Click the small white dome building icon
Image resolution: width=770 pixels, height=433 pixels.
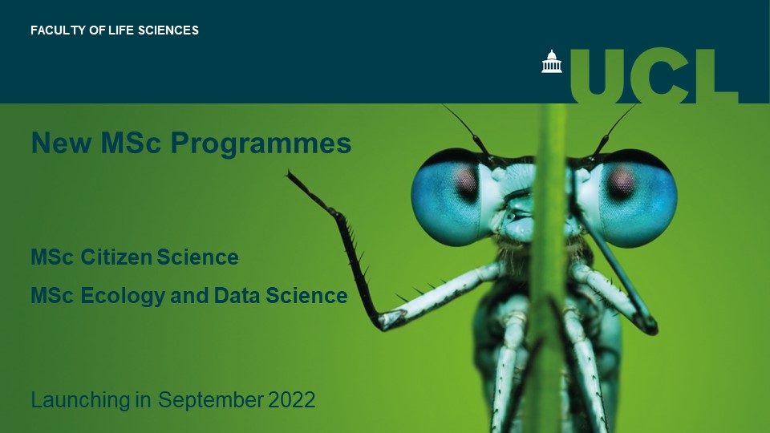pos(552,62)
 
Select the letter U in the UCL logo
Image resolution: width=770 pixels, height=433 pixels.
pos(602,74)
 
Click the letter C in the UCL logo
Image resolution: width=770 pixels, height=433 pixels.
pos(663,74)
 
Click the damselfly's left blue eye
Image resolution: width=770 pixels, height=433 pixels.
pos(452,195)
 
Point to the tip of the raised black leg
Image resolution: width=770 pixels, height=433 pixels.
pos(289,172)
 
